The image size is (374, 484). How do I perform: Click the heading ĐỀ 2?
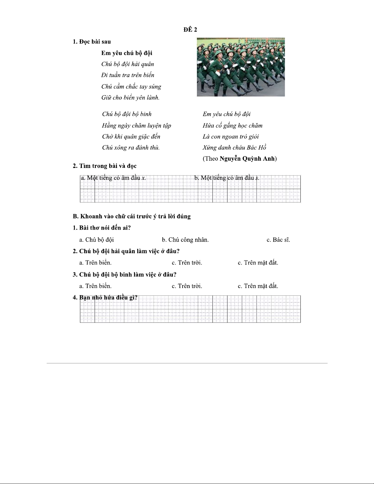coord(190,30)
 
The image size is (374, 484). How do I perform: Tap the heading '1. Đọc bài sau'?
coord(92,42)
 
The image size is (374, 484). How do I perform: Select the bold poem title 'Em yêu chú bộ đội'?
coord(127,53)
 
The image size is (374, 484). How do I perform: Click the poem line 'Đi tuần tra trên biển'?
coord(128,75)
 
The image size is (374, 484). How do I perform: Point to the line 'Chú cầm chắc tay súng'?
coord(131,87)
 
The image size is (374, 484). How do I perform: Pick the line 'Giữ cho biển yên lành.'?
coord(130,98)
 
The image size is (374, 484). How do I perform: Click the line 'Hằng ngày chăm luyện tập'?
coord(136,126)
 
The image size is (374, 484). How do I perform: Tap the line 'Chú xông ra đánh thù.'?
coord(131,148)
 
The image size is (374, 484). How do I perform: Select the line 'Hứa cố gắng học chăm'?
coord(232,126)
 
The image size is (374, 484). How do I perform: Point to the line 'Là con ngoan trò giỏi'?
coord(231,136)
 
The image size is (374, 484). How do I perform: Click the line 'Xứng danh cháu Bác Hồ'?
coord(234,148)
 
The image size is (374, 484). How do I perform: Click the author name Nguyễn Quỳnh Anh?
coord(247,159)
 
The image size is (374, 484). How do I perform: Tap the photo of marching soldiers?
coord(241,67)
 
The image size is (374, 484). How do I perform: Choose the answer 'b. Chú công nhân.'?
coord(185,240)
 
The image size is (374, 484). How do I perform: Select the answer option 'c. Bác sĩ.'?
coord(278,240)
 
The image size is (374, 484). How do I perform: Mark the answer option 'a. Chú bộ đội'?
coord(96,240)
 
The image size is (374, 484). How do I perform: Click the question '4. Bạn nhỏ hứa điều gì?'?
coord(105,297)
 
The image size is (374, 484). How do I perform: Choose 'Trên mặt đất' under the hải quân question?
coord(258,263)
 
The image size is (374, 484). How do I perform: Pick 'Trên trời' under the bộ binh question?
coord(187,286)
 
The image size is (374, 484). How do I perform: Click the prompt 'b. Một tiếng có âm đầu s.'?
coord(227,178)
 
